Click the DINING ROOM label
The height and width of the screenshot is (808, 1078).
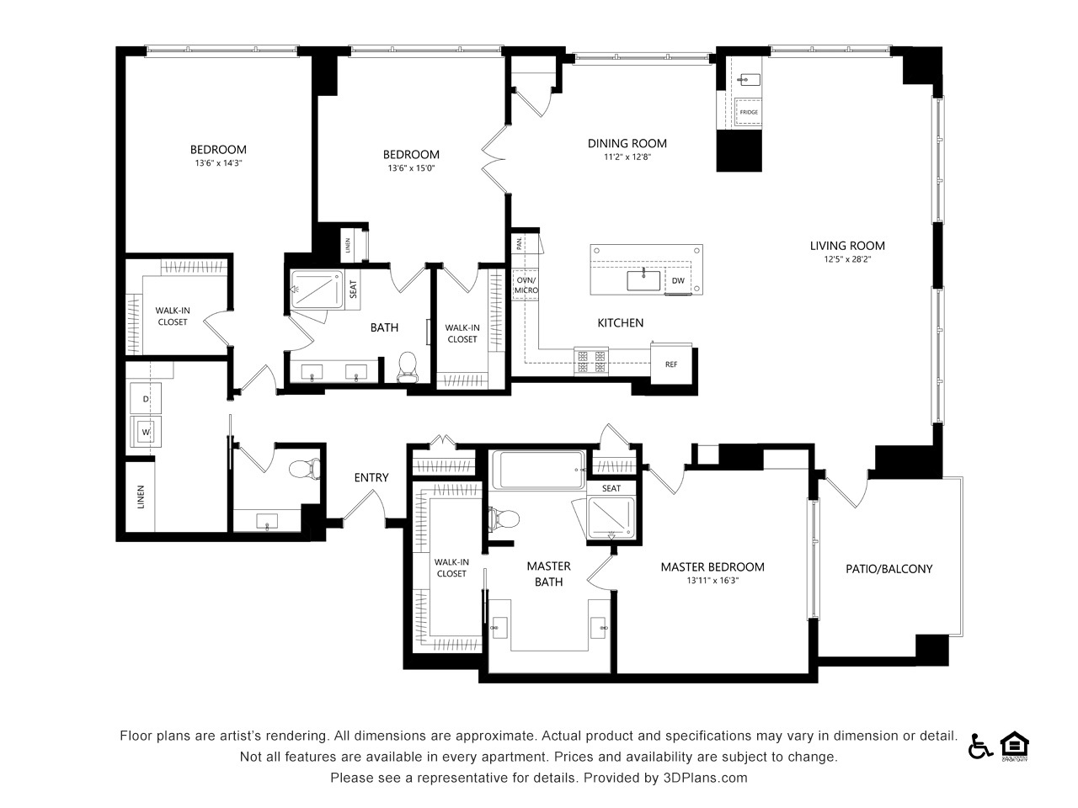coord(627,143)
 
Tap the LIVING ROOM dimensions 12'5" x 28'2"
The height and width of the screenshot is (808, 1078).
coord(847,259)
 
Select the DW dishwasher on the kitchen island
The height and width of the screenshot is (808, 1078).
coord(678,280)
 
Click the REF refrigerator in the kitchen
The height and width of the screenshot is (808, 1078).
coord(671,364)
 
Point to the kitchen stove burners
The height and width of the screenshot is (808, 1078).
coord(591,361)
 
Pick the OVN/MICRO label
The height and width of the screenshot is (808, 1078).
coord(526,285)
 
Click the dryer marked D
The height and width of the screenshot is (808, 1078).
coord(146,398)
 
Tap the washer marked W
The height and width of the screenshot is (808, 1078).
coord(146,432)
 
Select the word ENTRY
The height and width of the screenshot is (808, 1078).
coord(371,477)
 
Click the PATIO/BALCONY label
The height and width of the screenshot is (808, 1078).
coord(889,569)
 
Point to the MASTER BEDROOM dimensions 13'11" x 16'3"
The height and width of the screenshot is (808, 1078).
coord(712,581)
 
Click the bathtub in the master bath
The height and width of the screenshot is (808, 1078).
coord(539,470)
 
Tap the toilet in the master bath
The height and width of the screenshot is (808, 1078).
coord(504,518)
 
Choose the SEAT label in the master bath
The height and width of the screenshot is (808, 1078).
coord(611,488)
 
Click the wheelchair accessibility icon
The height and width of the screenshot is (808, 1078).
coord(980,747)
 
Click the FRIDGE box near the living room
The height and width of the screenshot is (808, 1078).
coord(749,112)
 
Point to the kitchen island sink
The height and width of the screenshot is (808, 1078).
coord(643,280)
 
